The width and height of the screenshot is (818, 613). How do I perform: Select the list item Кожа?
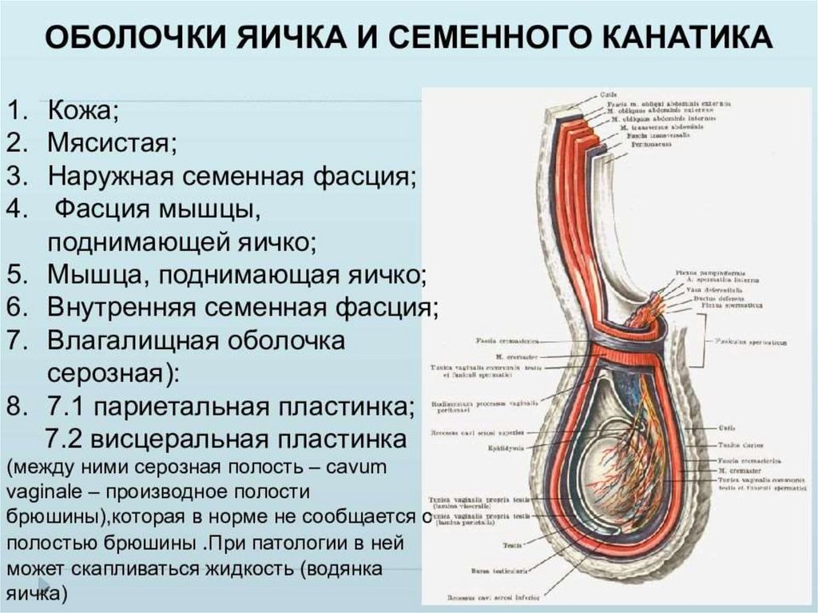click(x=83, y=110)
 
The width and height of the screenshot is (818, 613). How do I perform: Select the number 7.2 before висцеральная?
click(x=64, y=440)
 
